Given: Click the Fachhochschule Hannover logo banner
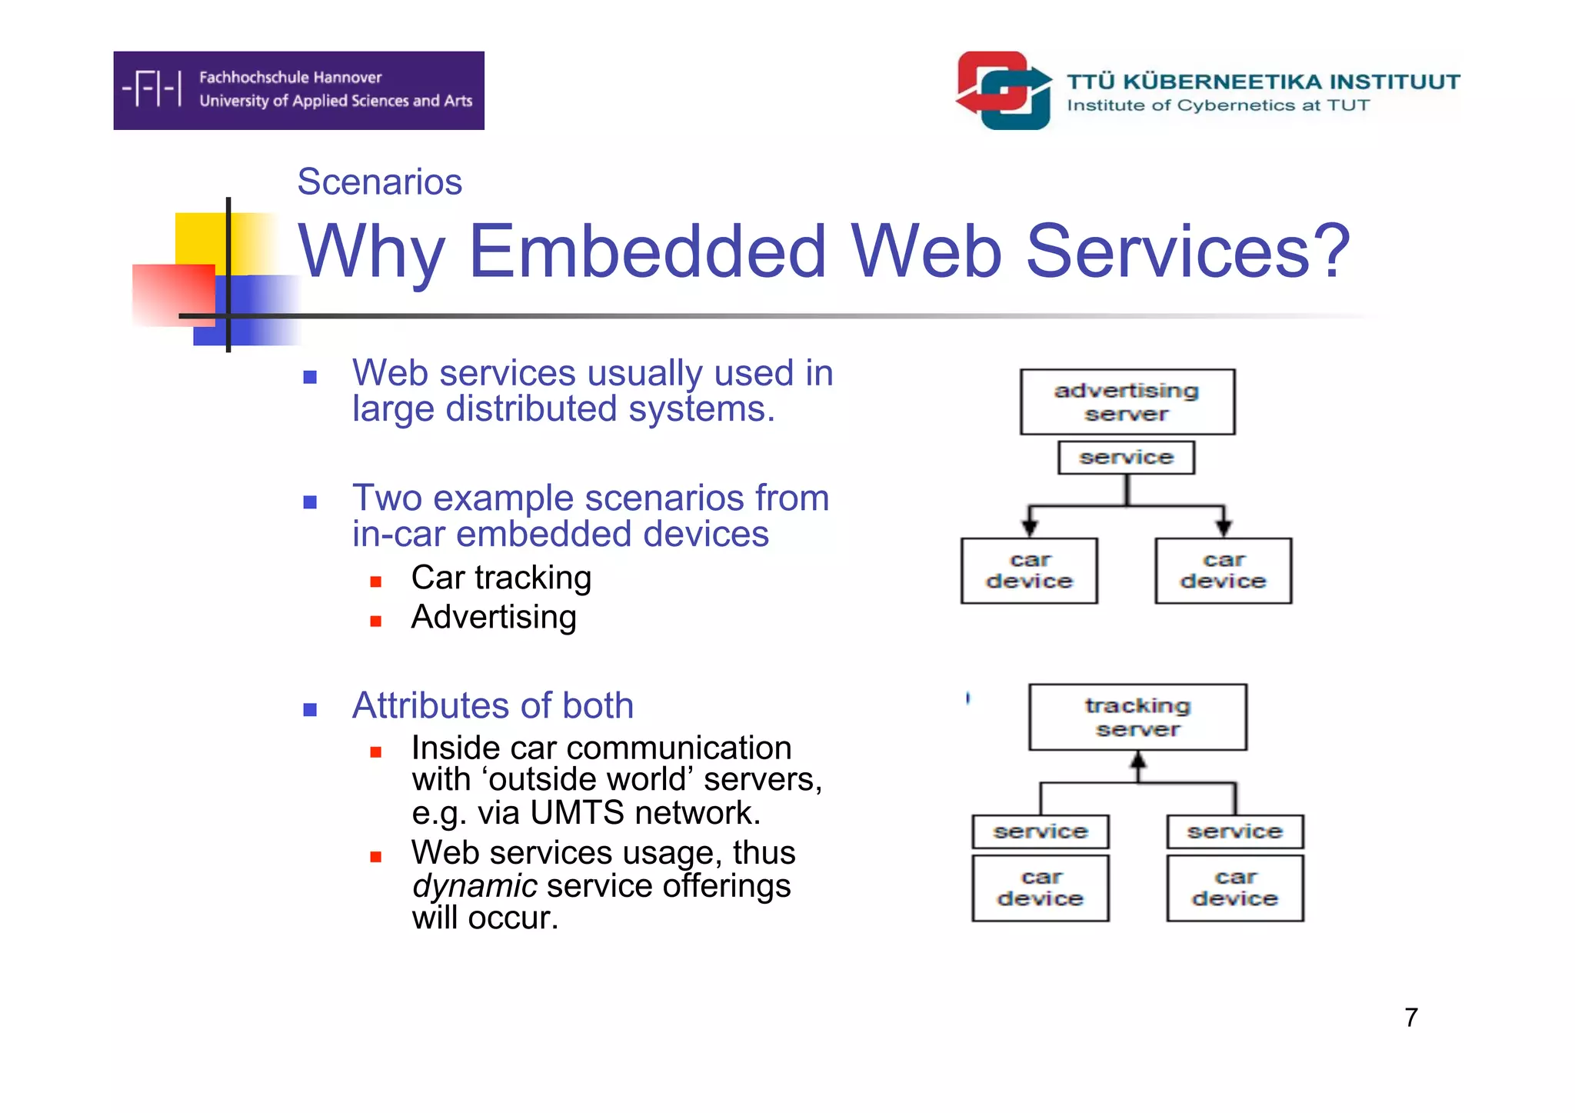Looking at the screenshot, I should (x=298, y=90).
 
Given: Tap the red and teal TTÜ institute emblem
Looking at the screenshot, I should (x=1004, y=90).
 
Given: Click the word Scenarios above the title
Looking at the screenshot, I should (x=379, y=182).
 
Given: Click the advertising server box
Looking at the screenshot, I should (x=1127, y=402).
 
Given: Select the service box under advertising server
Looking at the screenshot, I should (x=1126, y=458).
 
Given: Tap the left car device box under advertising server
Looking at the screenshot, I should (x=1029, y=571).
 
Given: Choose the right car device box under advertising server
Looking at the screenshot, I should (x=1223, y=571).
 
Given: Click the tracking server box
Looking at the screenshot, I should (x=1137, y=717).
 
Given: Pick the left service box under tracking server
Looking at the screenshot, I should (x=1040, y=831).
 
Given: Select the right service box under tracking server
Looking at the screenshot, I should (x=1234, y=831).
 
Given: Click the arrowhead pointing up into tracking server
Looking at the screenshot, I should (x=1138, y=760).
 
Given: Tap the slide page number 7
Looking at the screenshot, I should (x=1410, y=1018).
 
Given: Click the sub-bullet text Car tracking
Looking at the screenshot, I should (x=501, y=578).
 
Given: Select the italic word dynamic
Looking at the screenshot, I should (x=474, y=886).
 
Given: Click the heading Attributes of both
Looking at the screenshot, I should (x=492, y=705).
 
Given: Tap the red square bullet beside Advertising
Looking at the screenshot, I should (x=375, y=621).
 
